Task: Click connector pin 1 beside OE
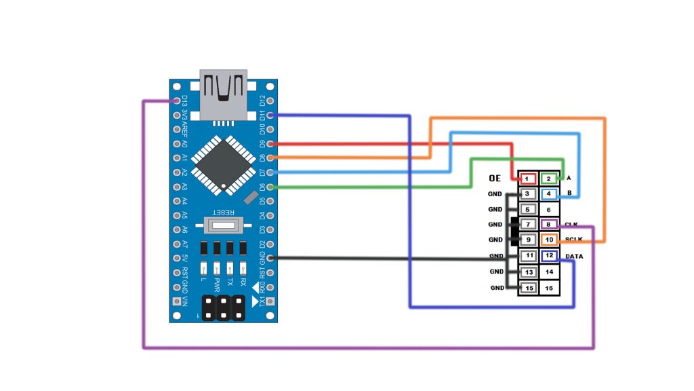point(527,179)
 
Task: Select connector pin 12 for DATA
point(549,256)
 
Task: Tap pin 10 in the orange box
point(549,240)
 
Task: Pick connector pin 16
point(549,288)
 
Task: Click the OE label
point(494,179)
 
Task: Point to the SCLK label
point(574,240)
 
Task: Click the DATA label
point(574,256)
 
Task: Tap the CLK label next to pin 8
point(571,224)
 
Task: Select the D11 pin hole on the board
point(270,115)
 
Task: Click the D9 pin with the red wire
point(270,144)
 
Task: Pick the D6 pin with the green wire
point(270,187)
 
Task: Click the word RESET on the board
point(224,210)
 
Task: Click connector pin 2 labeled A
point(549,179)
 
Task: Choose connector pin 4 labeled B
point(549,194)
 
